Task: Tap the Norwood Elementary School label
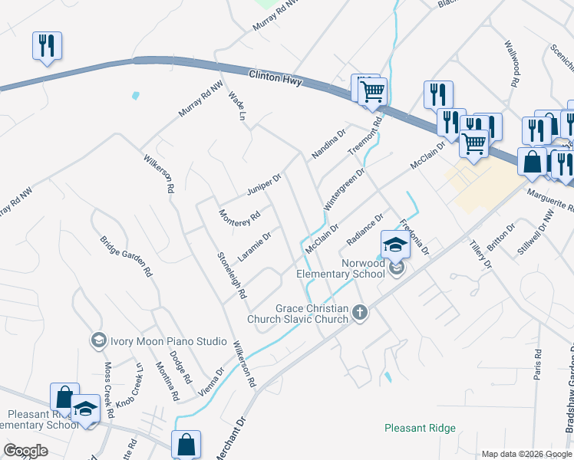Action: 341,268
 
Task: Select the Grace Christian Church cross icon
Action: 360,312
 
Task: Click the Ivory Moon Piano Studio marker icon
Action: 98,340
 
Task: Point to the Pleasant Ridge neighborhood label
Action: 420,428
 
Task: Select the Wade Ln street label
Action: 236,107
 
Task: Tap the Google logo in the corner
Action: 26,451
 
